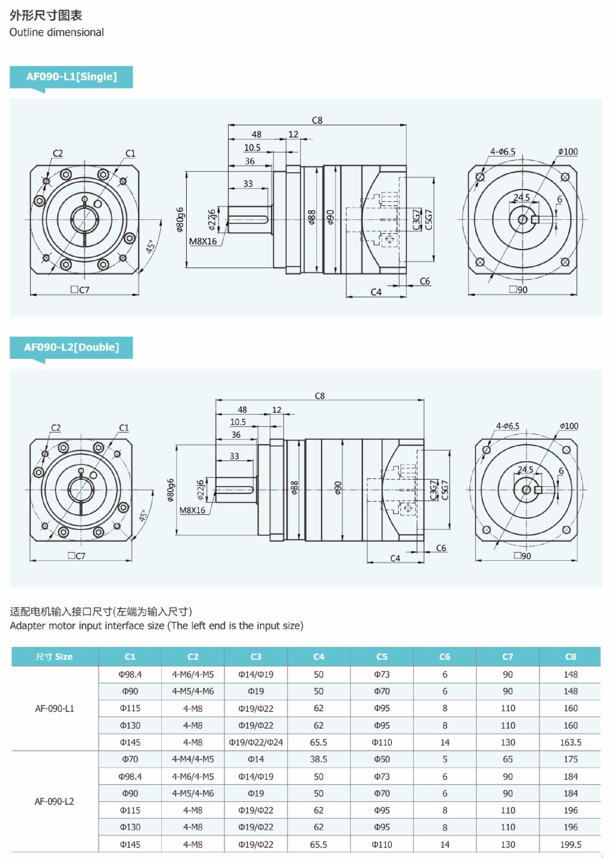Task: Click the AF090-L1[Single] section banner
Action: (71, 77)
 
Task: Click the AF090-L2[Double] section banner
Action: (71, 347)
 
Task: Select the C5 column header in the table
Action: (381, 656)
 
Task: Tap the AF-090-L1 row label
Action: (54, 709)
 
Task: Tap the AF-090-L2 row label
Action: (54, 801)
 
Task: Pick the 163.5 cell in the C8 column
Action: (570, 742)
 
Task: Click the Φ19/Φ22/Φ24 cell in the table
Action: (256, 742)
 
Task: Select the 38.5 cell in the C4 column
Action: (318, 759)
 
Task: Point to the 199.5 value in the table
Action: (570, 844)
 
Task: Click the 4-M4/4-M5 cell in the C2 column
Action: (193, 759)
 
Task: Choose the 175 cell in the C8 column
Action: (570, 759)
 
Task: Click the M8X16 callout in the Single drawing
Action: (203, 241)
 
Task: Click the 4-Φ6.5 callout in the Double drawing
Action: (508, 426)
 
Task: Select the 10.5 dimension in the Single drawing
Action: (252, 148)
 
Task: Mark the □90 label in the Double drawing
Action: (522, 556)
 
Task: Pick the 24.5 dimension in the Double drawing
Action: (525, 469)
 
